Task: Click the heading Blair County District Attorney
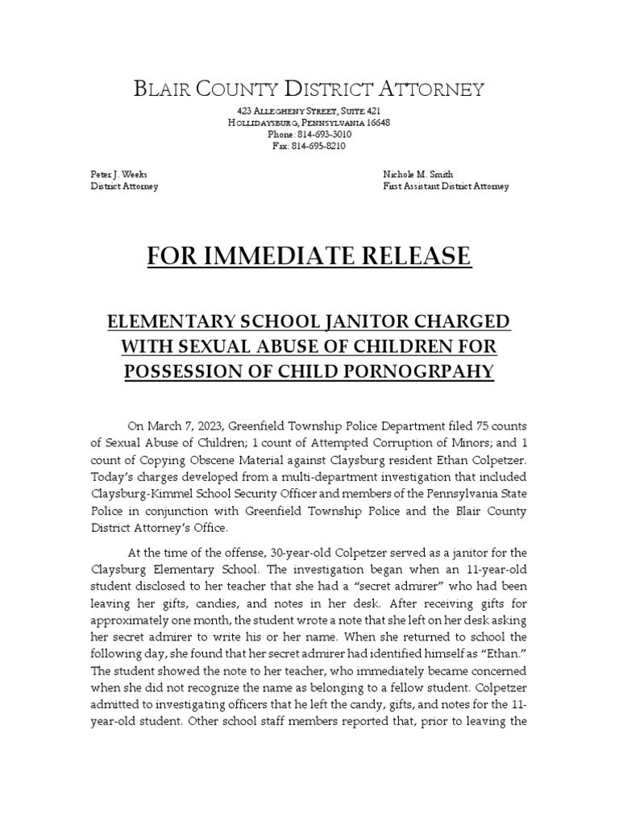point(309,89)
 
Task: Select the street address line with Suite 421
point(309,110)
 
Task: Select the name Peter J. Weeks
point(118,175)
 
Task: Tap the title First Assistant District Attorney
point(445,187)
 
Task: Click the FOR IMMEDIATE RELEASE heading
point(309,256)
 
